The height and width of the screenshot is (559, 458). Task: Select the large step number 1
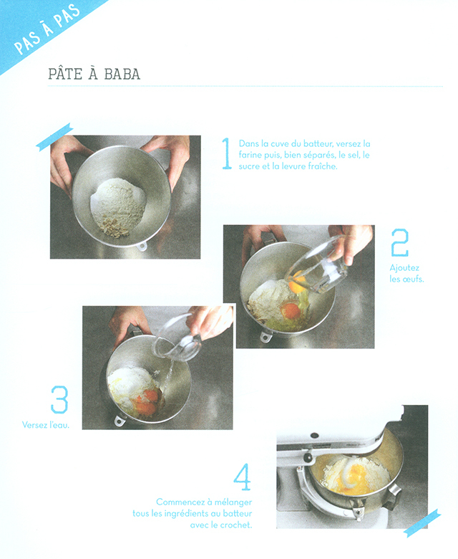tap(226, 153)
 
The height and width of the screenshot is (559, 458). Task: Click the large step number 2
tap(399, 243)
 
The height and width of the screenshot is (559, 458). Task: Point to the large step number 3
tap(59, 399)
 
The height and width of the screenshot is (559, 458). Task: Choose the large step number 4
tap(242, 477)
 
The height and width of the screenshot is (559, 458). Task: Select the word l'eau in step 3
tap(59, 424)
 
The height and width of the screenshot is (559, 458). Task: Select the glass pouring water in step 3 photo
tap(177, 338)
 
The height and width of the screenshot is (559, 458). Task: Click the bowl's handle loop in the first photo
tap(142, 246)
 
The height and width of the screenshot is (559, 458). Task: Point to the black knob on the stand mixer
tap(307, 457)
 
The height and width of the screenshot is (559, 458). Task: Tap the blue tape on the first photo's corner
tap(54, 137)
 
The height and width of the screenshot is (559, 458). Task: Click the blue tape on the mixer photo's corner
tap(422, 522)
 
